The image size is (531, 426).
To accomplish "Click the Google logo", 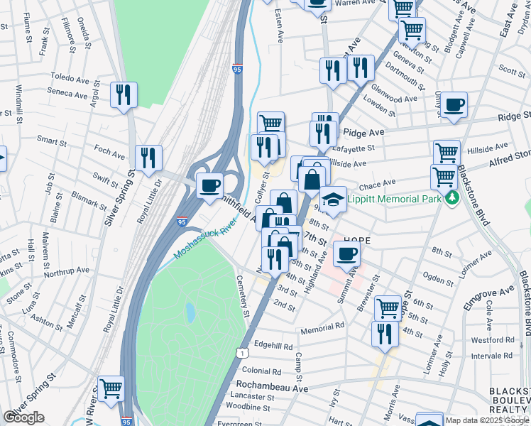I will (24, 418).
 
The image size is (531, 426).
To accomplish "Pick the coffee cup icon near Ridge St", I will (454, 105).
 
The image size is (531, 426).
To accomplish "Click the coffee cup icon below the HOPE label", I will (346, 253).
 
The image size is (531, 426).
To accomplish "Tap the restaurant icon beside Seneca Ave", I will (124, 94).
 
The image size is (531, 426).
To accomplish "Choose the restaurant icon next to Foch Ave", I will (148, 158).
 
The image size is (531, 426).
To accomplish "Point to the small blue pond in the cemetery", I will (190, 311).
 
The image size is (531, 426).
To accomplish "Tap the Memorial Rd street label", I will (322, 326).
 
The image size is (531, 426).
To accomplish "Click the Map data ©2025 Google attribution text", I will (487, 420).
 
